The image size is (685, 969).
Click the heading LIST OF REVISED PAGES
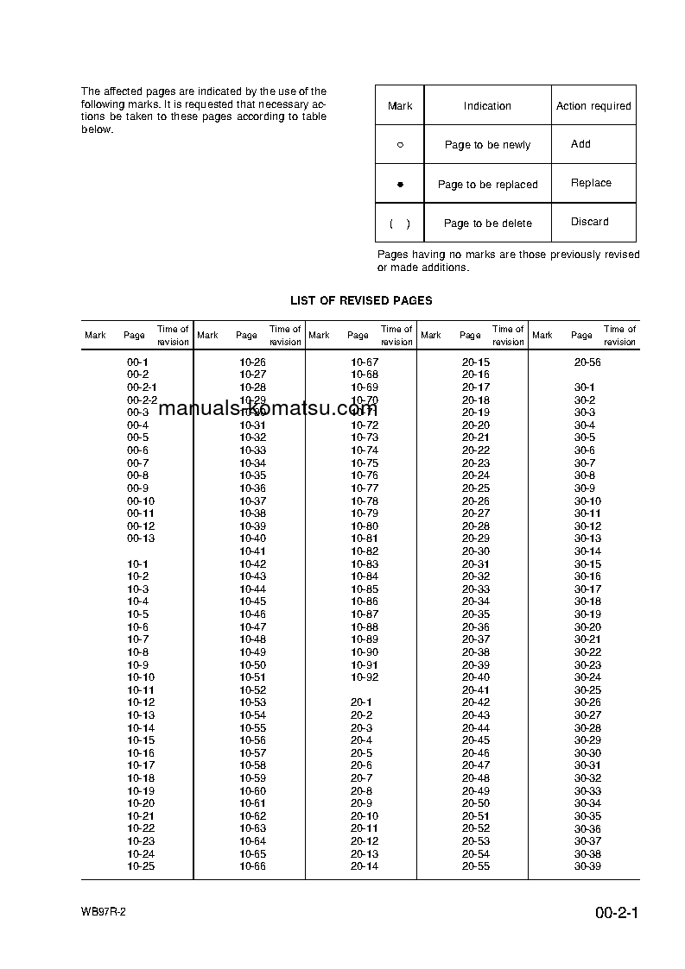tap(361, 300)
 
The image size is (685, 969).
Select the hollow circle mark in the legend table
tap(400, 145)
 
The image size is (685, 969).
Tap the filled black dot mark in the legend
tap(400, 185)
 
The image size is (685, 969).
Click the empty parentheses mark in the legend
tap(400, 223)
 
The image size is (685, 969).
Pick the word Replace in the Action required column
tap(591, 183)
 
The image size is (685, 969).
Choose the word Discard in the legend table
tap(589, 222)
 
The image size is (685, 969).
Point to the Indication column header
tap(487, 106)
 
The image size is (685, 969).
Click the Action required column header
tap(593, 106)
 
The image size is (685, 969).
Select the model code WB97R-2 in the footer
tap(105, 912)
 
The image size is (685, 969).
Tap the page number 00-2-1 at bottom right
tap(616, 913)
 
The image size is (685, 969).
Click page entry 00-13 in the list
tap(141, 538)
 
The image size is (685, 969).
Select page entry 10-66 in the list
tap(252, 866)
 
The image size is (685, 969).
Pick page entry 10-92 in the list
tap(365, 677)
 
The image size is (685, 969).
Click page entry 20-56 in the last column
tap(587, 362)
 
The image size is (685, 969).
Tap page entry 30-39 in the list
tap(587, 866)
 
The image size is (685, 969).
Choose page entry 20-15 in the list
tap(476, 362)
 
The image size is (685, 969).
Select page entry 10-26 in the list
tap(252, 362)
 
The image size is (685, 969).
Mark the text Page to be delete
tap(487, 223)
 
